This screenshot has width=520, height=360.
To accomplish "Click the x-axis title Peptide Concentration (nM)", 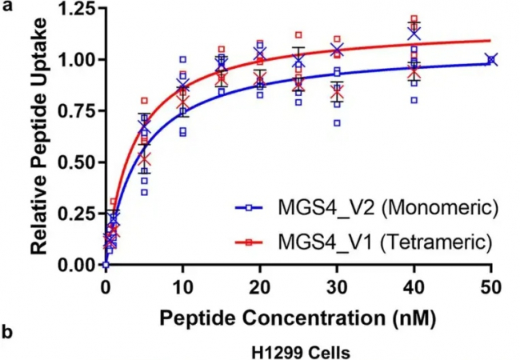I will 298,318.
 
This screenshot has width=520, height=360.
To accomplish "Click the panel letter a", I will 7,7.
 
